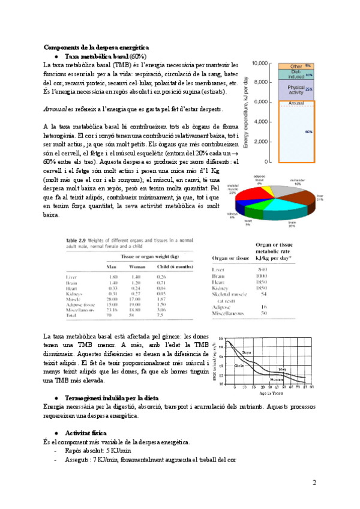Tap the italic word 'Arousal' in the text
tap(55, 110)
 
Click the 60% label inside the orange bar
tap(308, 131)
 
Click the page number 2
tap(314, 483)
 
